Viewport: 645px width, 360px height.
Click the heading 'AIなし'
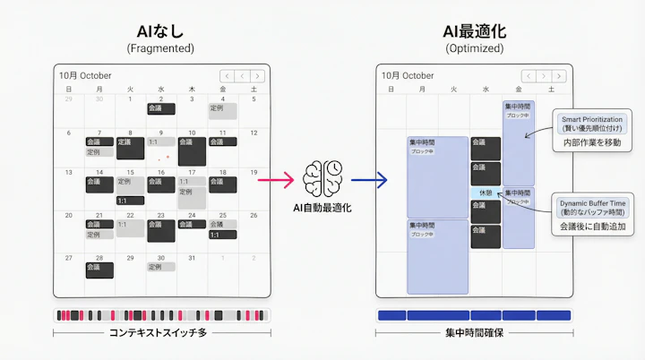click(x=162, y=30)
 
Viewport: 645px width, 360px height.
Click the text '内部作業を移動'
click(x=591, y=142)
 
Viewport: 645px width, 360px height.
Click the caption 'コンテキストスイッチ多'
click(x=161, y=333)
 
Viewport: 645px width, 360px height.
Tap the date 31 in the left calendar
click(x=191, y=258)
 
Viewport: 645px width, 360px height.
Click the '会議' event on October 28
click(x=99, y=268)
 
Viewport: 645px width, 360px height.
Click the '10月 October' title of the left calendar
click(x=85, y=75)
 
